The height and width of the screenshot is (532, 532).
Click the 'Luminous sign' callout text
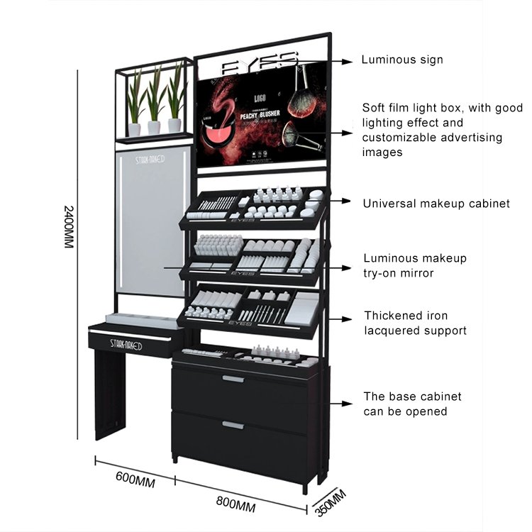pos(402,60)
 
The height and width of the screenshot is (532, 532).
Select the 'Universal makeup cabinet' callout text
pos(436,204)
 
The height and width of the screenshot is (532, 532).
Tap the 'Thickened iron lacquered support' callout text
pos(415,323)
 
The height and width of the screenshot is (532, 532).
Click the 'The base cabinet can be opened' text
pos(412,404)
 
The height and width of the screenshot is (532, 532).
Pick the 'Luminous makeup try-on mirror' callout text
pos(415,265)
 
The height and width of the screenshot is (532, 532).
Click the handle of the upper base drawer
pos(233,379)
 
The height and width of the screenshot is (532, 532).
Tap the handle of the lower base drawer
pos(233,425)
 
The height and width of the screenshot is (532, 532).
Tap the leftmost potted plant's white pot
pos(134,130)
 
